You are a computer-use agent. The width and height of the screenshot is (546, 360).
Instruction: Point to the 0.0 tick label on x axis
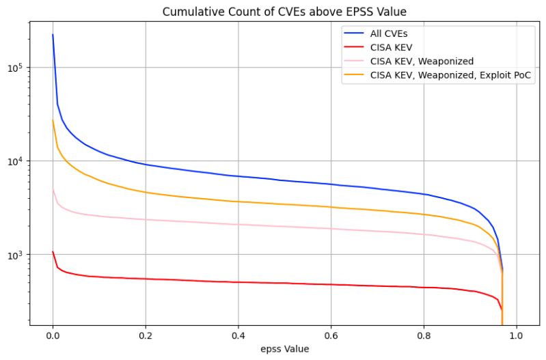pyautogui.click(x=53, y=336)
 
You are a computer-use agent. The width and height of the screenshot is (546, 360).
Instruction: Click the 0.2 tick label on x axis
pyautogui.click(x=146, y=336)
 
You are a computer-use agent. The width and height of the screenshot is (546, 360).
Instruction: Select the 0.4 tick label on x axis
pyautogui.click(x=238, y=336)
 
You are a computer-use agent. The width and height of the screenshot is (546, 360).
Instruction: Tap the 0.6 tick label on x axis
pyautogui.click(x=331, y=336)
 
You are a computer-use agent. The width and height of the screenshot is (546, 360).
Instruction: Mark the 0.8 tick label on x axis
pyautogui.click(x=424, y=336)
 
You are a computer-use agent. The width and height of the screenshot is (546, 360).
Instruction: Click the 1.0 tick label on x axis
pyautogui.click(x=516, y=336)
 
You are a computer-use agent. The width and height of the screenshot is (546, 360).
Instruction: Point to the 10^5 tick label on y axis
pyautogui.click(x=15, y=67)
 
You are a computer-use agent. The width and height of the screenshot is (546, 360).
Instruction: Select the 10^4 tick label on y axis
pyautogui.click(x=15, y=161)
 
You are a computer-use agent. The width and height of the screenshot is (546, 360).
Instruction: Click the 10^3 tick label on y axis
pyautogui.click(x=15, y=254)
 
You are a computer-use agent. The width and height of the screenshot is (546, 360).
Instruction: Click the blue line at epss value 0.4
pyautogui.click(x=238, y=176)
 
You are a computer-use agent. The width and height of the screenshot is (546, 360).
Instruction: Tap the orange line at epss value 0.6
pyautogui.click(x=331, y=207)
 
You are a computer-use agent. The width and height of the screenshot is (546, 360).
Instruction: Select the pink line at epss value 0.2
pyautogui.click(x=146, y=219)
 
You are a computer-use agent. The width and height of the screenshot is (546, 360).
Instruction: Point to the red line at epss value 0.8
pyautogui.click(x=424, y=288)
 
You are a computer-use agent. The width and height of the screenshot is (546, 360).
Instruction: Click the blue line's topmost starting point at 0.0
pyautogui.click(x=53, y=35)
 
